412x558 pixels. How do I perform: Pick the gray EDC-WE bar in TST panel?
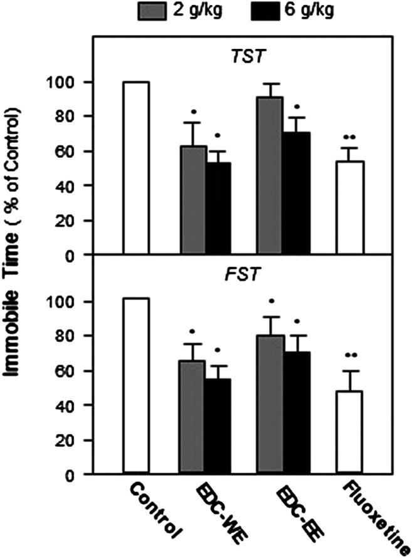(x=193, y=200)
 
